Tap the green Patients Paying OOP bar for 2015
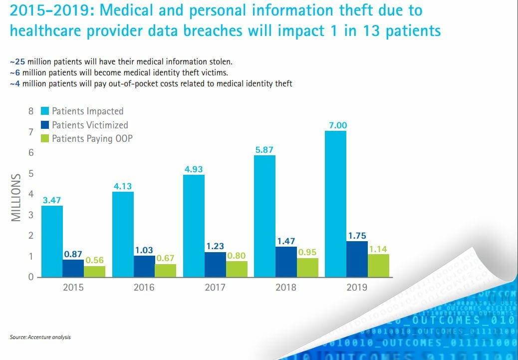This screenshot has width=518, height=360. click(x=94, y=272)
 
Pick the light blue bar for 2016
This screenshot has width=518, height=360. click(x=123, y=234)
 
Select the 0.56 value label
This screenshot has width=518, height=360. click(x=94, y=260)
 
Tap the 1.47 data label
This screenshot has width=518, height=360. click(x=286, y=241)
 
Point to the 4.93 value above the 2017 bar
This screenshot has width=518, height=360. click(x=194, y=169)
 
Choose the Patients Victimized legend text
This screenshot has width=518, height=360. click(x=90, y=125)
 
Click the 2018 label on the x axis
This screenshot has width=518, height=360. click(x=286, y=287)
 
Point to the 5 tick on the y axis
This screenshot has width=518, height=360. click(x=31, y=174)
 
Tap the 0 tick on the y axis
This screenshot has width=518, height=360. click(x=31, y=278)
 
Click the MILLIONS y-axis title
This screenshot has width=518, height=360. click(x=16, y=197)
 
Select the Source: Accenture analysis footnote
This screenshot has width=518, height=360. click(x=40, y=337)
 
